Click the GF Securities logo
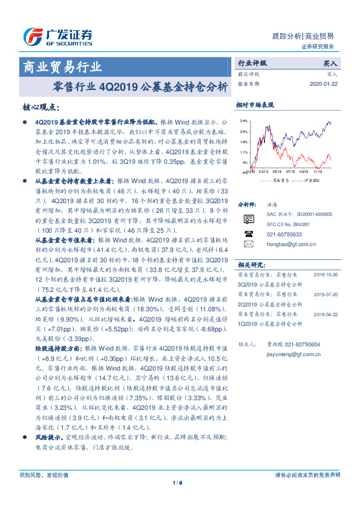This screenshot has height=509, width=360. click(57, 37)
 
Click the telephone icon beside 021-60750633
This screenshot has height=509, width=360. click(248, 233)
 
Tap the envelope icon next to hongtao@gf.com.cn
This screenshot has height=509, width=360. click(248, 244)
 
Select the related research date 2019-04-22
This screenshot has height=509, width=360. click(327, 314)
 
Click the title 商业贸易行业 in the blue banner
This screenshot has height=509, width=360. click(62, 66)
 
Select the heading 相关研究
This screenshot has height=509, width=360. click(249, 264)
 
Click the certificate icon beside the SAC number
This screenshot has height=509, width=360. click(248, 218)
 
